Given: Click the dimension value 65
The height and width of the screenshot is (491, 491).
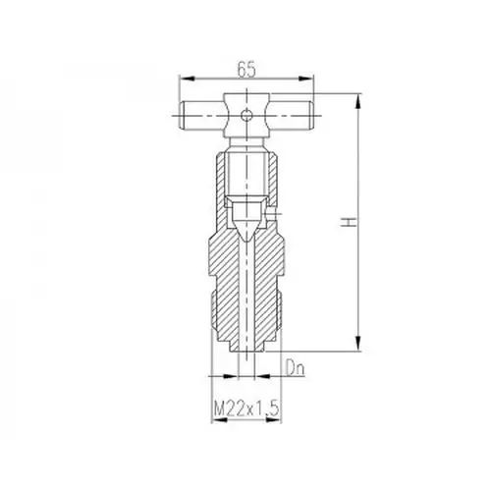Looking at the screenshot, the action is click(246, 70).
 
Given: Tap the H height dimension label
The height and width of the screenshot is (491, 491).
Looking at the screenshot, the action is click(349, 222).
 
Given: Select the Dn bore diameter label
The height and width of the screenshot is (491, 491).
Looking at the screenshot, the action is click(296, 368).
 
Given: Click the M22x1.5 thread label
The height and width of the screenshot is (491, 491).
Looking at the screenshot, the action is click(246, 408).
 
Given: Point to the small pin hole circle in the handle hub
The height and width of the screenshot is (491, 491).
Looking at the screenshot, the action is click(246, 115).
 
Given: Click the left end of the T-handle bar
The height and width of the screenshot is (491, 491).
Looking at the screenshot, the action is click(181, 116).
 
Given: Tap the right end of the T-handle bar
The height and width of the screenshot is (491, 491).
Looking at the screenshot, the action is click(311, 116).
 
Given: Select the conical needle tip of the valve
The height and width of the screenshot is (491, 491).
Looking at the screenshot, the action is click(246, 232).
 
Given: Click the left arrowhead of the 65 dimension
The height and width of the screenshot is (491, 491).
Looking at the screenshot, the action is click(187, 79).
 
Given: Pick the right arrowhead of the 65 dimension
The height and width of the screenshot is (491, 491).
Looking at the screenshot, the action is click(305, 79).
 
